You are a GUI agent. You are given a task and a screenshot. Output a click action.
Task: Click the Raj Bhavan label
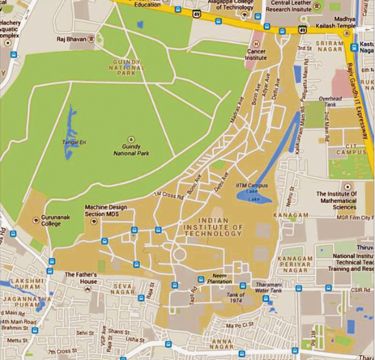tap(70, 38)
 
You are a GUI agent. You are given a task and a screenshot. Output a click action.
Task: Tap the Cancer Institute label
tap(257, 53)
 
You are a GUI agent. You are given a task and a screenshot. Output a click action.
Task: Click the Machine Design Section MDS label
tap(106, 212)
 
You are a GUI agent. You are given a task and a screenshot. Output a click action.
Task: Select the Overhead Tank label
tap(333, 101)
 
